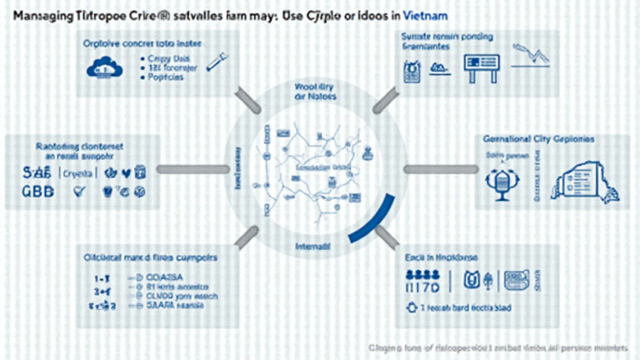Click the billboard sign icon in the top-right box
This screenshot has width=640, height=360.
coord(481,66)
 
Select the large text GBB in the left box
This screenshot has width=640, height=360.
coord(38,191)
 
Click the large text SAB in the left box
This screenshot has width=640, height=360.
coord(37,172)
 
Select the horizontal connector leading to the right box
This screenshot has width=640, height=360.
coord(441,169)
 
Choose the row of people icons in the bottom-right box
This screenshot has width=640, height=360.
coord(424,273)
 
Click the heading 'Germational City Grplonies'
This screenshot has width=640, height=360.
coord(538,139)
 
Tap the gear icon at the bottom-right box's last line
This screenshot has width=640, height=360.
coord(412,307)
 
